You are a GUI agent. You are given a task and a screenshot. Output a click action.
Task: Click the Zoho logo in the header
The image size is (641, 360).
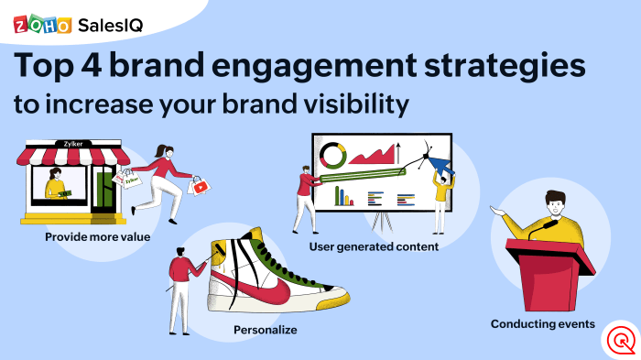click(x=42, y=25)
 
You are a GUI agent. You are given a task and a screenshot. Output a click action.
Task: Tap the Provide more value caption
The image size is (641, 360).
click(x=97, y=237)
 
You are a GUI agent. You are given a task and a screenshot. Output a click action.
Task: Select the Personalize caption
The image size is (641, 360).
click(x=266, y=328)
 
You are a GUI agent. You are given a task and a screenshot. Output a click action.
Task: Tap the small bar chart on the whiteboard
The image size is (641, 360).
click(x=344, y=195)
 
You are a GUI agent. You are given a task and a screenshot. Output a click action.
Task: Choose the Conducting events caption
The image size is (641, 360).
click(x=542, y=323)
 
